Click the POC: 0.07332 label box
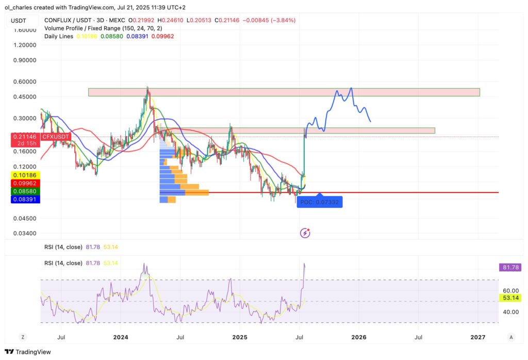pyautogui.click(x=320, y=202)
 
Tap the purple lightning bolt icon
pyautogui.click(x=305, y=233)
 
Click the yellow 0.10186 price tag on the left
pyautogui.click(x=21, y=175)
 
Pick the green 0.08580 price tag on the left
pyautogui.click(x=21, y=191)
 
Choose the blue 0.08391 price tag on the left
pyautogui.click(x=21, y=199)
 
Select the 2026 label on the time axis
pyautogui.click(x=358, y=337)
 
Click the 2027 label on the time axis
pyautogui.click(x=478, y=337)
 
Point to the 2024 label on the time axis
pyautogui.click(x=120, y=337)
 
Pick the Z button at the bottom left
pyautogui.click(x=23, y=337)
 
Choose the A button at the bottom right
pyautogui.click(x=510, y=337)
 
